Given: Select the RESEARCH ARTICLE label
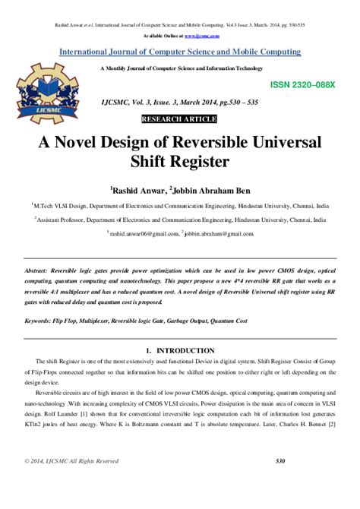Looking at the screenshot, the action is [179, 119].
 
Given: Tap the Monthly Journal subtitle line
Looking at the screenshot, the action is [179, 69].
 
